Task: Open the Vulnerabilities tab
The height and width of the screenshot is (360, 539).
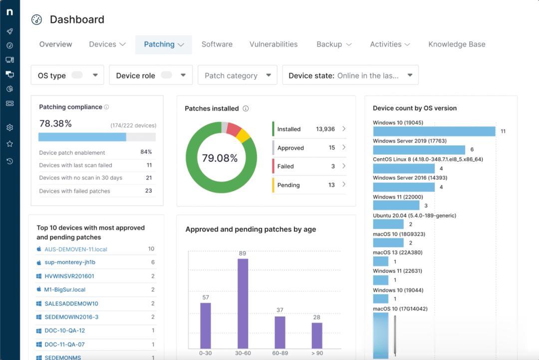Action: click(x=273, y=44)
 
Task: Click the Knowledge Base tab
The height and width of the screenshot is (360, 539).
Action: click(x=457, y=44)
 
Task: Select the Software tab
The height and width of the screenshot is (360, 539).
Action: click(x=217, y=44)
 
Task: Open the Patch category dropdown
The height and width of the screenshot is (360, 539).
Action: click(x=238, y=75)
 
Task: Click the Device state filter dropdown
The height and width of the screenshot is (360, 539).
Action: click(x=350, y=75)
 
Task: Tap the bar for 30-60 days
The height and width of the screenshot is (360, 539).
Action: click(x=243, y=303)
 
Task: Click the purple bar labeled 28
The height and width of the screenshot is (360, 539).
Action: click(x=317, y=335)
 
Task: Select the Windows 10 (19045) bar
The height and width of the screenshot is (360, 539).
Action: click(x=434, y=131)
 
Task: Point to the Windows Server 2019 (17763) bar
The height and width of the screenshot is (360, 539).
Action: click(x=419, y=150)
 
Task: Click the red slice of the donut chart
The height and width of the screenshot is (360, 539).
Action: click(x=234, y=129)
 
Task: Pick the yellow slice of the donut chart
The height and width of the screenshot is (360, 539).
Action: click(x=243, y=135)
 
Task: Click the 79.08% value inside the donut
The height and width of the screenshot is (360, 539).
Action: click(x=220, y=158)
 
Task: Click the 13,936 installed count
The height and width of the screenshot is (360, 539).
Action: click(x=325, y=129)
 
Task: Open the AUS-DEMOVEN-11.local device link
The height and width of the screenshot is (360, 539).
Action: click(x=76, y=249)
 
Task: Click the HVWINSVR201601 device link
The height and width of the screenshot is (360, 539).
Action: click(x=69, y=276)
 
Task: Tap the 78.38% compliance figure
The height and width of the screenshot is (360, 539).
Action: click(x=55, y=123)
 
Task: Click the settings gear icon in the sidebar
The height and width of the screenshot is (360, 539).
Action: click(x=9, y=127)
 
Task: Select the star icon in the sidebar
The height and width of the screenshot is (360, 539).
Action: click(x=9, y=144)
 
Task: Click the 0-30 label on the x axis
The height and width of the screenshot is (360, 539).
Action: click(x=205, y=353)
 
